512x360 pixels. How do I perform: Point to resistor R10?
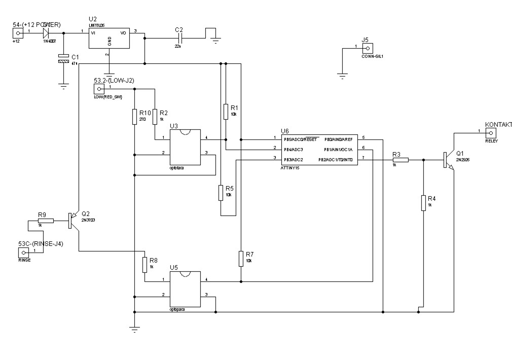tap(134, 116)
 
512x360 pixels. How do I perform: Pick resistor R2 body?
tap(155, 116)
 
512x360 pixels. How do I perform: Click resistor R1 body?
tap(226, 112)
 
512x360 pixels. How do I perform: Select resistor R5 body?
tap(221, 192)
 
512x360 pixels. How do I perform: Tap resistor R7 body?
tap(241, 259)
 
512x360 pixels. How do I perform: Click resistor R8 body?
tap(145, 264)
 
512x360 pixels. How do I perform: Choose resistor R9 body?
tap(46, 221)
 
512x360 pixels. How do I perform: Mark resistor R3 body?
tap(400, 160)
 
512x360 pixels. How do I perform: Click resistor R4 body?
tap(423, 203)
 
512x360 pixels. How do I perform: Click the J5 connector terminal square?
tap(368, 48)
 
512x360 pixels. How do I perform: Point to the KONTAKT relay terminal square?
tap(491, 133)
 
